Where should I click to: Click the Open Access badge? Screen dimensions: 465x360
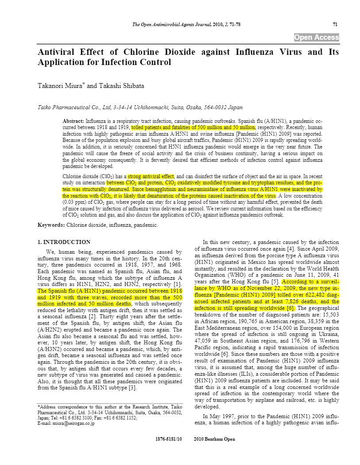(317, 38)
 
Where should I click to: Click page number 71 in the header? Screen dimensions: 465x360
(335, 24)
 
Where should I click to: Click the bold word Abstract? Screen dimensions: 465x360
(73, 121)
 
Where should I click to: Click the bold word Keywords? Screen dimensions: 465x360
(51, 225)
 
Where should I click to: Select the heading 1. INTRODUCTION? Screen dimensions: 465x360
(64, 242)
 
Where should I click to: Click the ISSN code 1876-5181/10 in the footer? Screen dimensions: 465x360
(169, 439)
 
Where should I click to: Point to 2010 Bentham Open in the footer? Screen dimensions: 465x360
(214, 439)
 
